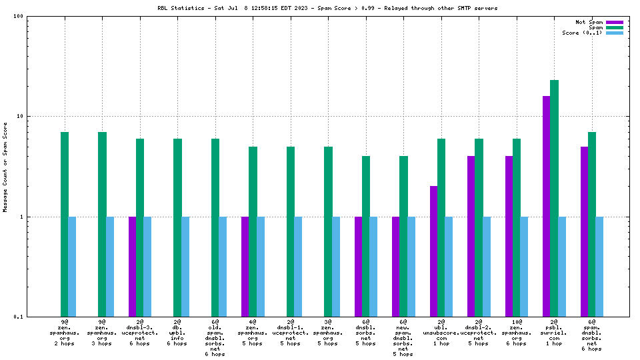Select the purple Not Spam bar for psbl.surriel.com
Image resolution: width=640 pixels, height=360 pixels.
(547, 206)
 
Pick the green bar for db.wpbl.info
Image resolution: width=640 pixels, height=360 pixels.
(177, 227)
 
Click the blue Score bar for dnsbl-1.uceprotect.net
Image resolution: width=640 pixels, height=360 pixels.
(298, 267)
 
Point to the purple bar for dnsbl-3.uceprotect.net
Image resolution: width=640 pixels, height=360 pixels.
(132, 267)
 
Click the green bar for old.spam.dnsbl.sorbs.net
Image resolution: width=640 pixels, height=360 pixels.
(215, 227)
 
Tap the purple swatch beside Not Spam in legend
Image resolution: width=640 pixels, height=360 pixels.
(614, 22)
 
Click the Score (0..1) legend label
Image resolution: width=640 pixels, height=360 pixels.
(582, 33)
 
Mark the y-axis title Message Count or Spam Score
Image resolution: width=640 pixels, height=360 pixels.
(5, 167)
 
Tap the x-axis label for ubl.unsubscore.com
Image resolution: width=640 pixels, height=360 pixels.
(441, 333)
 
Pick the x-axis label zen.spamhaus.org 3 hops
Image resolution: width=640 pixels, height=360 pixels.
(102, 333)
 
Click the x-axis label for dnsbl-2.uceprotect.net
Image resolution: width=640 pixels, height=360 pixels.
(479, 333)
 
